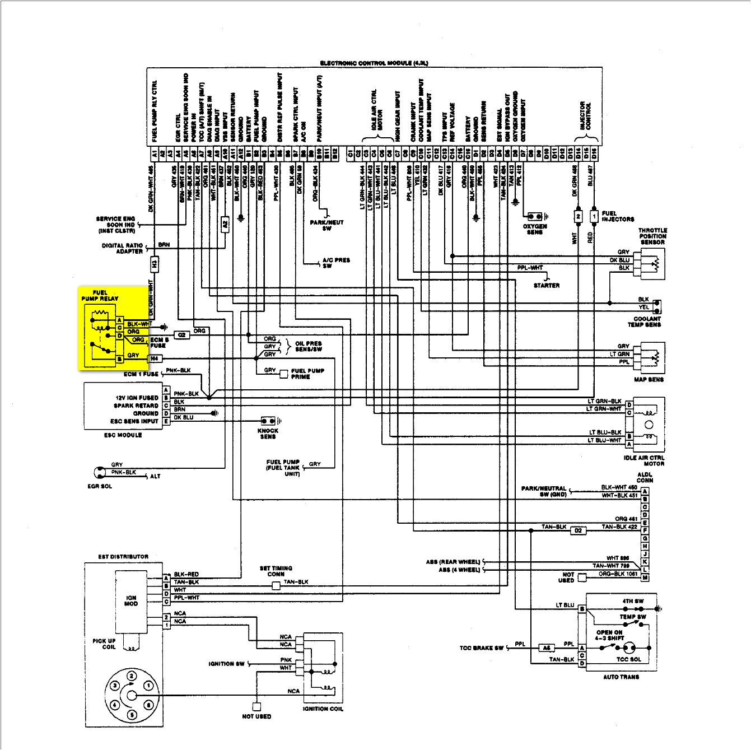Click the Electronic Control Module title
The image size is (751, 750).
pyautogui.click(x=374, y=63)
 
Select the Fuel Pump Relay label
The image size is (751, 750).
pyautogui.click(x=100, y=295)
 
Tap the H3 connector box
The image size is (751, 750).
pyautogui.click(x=154, y=264)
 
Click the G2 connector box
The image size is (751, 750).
pyautogui.click(x=182, y=335)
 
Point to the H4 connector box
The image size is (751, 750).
pyautogui.click(x=155, y=358)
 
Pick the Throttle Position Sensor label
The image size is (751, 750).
pyautogui.click(x=652, y=236)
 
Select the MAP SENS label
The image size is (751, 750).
pyautogui.click(x=649, y=379)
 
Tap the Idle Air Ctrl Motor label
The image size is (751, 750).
pyautogui.click(x=644, y=460)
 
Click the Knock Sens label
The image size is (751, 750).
pyautogui.click(x=268, y=434)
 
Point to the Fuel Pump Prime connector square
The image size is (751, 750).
pyautogui.click(x=284, y=374)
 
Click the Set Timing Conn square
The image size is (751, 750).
pyautogui.click(x=276, y=586)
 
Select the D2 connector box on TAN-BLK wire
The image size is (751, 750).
pyautogui.click(x=578, y=530)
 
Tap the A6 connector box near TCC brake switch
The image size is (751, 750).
pyautogui.click(x=547, y=648)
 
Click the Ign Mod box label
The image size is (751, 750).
pyautogui.click(x=131, y=600)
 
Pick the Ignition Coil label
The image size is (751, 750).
pyautogui.click(x=323, y=709)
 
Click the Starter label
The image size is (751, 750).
pyautogui.click(x=546, y=285)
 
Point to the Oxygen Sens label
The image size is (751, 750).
pyautogui.click(x=535, y=229)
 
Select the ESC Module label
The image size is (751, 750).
pyautogui.click(x=123, y=435)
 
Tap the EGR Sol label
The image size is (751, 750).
pyautogui.click(x=100, y=486)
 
